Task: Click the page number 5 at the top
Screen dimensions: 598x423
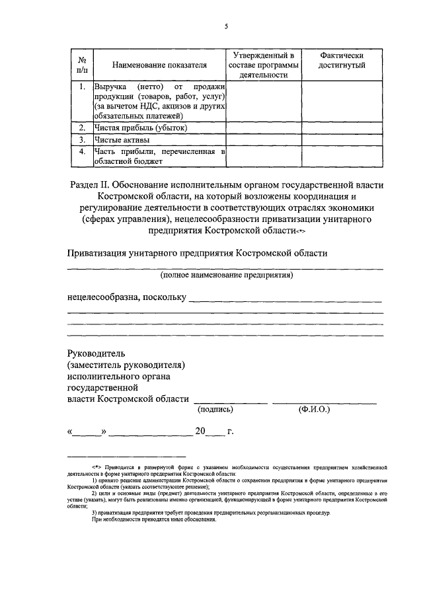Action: click(x=225, y=26)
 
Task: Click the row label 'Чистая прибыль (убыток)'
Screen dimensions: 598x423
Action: click(x=140, y=128)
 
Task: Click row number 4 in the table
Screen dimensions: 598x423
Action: click(x=81, y=152)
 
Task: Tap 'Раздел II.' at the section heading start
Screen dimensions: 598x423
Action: click(x=91, y=185)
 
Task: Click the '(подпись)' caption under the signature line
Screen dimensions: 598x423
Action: click(x=215, y=410)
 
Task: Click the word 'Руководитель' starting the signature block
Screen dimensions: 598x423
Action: click(x=96, y=353)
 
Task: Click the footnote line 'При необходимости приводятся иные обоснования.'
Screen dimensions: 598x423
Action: click(x=172, y=519)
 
